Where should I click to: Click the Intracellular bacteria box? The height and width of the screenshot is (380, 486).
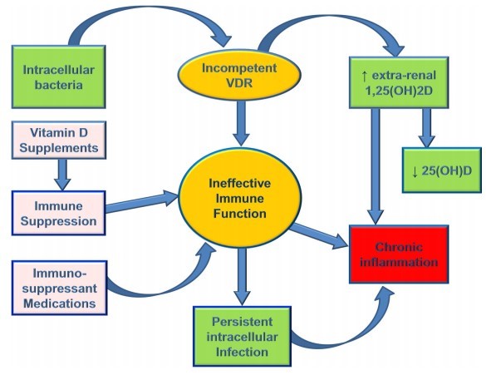(59, 76)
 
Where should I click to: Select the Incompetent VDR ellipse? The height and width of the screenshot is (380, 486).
(239, 75)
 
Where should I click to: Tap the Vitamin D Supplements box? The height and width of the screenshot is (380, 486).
(59, 141)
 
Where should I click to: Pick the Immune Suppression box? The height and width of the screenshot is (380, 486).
(59, 213)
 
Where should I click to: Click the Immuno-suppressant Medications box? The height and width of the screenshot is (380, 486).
(59, 288)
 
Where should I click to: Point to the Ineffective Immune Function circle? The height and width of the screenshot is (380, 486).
(239, 198)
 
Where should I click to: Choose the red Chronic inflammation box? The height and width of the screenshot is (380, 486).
(399, 254)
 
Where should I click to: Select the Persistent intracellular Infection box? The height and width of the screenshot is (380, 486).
(242, 337)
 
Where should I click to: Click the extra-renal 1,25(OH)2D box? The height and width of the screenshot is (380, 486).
(399, 82)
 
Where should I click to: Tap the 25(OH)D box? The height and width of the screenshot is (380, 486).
(442, 170)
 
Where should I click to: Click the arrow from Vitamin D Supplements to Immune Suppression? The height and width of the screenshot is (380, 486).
(62, 175)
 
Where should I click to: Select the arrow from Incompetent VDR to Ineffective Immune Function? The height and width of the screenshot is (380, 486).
(241, 123)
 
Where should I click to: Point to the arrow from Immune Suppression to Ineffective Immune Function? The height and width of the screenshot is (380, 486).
(142, 202)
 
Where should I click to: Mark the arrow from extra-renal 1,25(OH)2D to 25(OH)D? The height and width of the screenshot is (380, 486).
(426, 128)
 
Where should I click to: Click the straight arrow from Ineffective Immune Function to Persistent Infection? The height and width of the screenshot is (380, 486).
(242, 277)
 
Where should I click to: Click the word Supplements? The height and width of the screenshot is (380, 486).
(59, 148)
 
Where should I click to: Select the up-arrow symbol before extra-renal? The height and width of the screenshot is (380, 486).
(365, 76)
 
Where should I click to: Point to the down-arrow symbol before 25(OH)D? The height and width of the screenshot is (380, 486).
(415, 171)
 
